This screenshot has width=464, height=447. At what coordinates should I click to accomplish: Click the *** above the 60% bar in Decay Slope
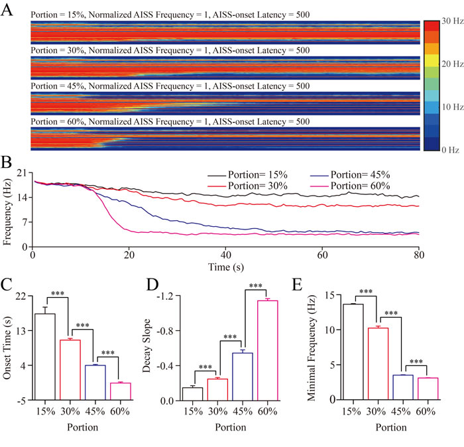[x=256, y=287]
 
